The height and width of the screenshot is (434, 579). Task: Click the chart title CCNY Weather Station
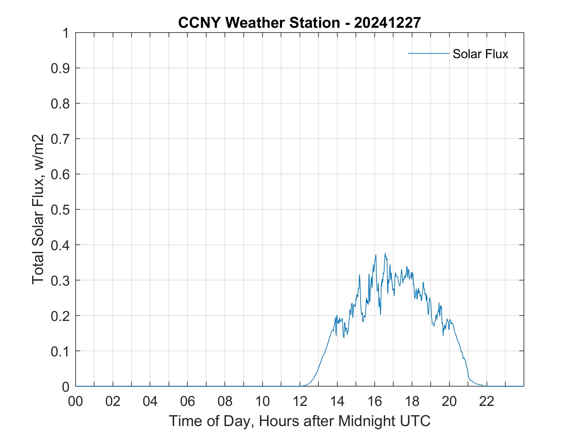click(259, 23)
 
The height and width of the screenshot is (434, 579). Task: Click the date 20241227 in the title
click(387, 23)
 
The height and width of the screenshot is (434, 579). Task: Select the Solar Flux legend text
click(480, 54)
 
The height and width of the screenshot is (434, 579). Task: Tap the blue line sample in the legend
click(428, 53)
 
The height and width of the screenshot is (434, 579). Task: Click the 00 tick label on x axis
click(75, 401)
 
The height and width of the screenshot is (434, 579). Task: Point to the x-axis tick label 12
click(300, 401)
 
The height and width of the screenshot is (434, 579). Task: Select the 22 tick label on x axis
click(487, 401)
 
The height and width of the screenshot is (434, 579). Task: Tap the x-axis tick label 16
click(375, 401)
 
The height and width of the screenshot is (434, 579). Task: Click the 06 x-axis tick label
click(188, 401)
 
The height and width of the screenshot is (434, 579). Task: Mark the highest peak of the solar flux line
click(385, 254)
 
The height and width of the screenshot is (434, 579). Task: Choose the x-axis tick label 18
click(412, 401)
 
